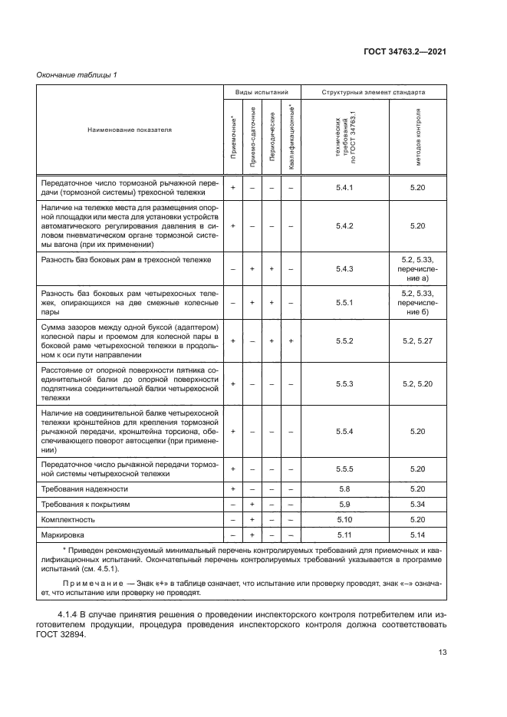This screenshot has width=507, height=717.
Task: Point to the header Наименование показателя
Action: click(129, 130)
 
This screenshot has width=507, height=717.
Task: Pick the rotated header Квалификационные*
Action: click(291, 137)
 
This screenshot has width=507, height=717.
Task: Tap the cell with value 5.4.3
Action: click(344, 268)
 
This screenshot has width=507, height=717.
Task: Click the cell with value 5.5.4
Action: click(344, 431)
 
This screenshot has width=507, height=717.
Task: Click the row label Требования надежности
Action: click(84, 488)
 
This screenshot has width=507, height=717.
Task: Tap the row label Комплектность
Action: click(68, 519)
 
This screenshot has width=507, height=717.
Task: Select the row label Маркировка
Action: click(64, 534)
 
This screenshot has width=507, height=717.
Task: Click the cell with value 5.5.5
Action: click(344, 468)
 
